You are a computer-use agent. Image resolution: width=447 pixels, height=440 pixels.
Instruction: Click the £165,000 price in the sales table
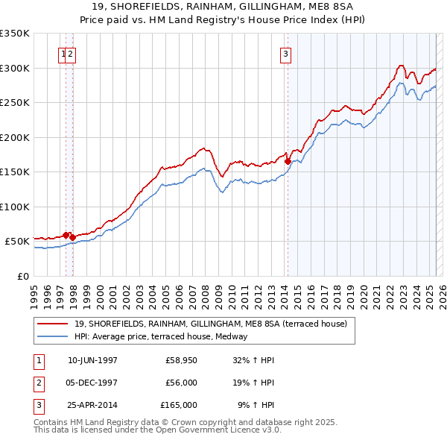pos(179,405)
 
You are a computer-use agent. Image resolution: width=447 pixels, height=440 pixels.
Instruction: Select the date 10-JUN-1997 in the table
pos(92,360)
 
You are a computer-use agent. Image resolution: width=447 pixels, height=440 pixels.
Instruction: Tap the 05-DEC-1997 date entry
pos(92,383)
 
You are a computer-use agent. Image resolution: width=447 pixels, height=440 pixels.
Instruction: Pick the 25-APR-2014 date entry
pos(92,405)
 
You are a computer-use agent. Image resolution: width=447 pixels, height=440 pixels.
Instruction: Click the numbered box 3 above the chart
pos(286,53)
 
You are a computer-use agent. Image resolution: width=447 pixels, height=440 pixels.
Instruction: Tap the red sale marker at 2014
pos(288,161)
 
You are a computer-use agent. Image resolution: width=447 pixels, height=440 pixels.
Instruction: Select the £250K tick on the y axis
pos(15,102)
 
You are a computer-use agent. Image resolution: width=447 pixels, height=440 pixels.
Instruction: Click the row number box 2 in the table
pos(38,383)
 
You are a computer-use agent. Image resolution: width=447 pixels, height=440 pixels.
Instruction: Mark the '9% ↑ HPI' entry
pos(256,405)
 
